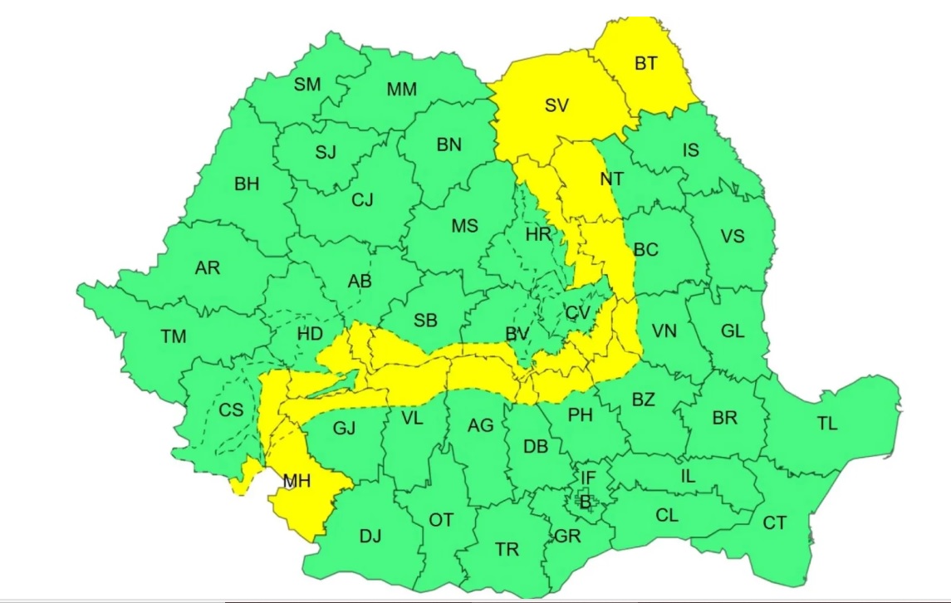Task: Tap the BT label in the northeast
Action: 645,62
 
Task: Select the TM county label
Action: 174,336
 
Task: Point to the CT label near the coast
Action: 774,523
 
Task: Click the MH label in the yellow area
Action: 297,480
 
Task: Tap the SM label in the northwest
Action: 307,84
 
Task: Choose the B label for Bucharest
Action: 585,502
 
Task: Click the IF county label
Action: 588,478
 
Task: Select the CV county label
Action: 576,313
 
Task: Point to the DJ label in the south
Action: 370,536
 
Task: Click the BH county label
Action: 247,184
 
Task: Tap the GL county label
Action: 733,331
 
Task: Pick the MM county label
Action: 402,89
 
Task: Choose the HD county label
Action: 310,334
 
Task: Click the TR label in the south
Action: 507,549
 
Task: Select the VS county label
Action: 733,236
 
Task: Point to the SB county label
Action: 424,321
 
